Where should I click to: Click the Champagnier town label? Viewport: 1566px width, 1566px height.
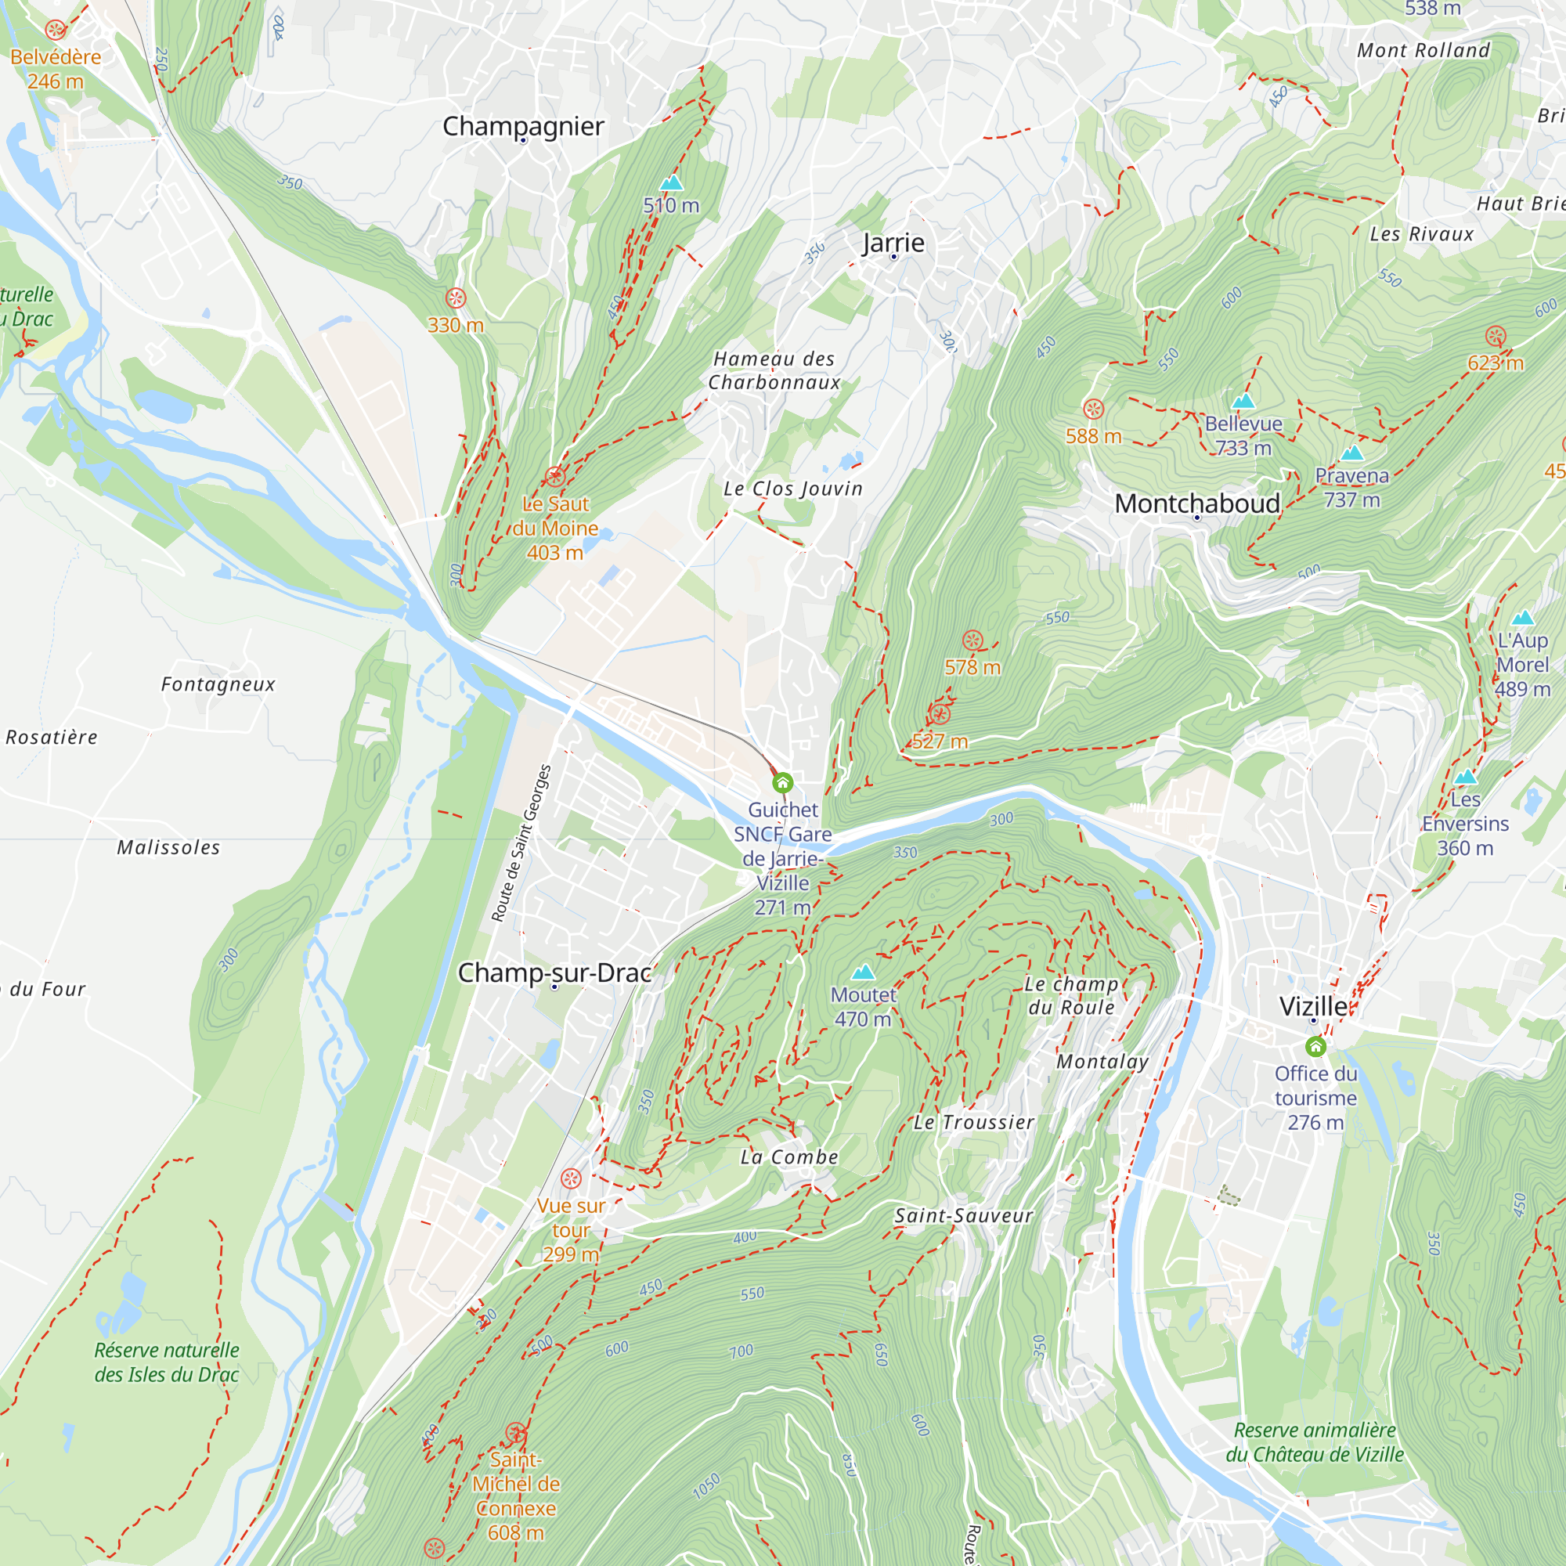tap(523, 125)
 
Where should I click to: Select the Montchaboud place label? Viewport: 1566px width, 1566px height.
tap(1196, 503)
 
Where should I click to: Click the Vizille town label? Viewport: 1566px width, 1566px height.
tap(1313, 1006)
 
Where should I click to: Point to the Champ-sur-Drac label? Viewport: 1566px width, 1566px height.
tap(554, 972)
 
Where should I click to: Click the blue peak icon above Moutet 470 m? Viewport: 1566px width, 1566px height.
tap(863, 971)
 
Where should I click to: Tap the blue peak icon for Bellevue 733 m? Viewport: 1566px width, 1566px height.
tap(1243, 400)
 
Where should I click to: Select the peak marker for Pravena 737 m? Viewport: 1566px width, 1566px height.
tap(1351, 453)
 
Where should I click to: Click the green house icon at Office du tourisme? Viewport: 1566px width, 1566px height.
tap(1315, 1046)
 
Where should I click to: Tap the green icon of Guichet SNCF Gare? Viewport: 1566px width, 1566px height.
tap(782, 783)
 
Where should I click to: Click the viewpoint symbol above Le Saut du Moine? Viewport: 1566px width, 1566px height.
tap(554, 476)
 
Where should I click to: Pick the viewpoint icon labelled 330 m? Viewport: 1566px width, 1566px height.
tap(456, 298)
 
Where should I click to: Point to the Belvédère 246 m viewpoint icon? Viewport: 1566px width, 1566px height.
tap(55, 30)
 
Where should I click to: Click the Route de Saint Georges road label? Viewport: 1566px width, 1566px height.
tap(521, 843)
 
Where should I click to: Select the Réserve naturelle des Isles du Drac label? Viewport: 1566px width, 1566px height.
tap(166, 1362)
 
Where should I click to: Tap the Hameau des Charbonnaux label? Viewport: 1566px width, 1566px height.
tap(774, 370)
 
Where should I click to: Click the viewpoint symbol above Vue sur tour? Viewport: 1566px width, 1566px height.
tap(572, 1178)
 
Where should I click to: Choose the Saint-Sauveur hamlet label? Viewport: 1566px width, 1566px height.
tap(964, 1215)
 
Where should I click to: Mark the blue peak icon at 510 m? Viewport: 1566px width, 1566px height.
tap(671, 183)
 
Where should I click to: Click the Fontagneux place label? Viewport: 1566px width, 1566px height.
tap(218, 684)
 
